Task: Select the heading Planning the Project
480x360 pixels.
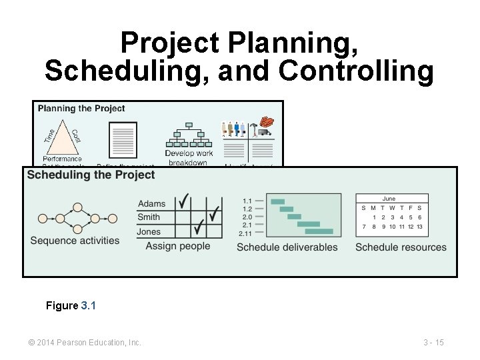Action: click(x=81, y=108)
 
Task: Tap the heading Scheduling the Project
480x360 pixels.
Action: click(x=91, y=175)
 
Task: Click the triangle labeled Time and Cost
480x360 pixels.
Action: click(x=62, y=136)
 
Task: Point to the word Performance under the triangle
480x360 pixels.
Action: click(x=62, y=159)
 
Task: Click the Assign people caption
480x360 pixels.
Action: click(x=178, y=246)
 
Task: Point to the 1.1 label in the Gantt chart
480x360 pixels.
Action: click(x=247, y=201)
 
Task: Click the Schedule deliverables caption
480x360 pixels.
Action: click(x=287, y=247)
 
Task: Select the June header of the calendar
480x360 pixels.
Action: click(x=389, y=199)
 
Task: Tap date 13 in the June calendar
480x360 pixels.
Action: click(x=419, y=227)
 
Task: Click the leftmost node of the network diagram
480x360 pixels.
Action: click(x=43, y=218)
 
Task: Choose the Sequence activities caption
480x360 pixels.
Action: click(x=75, y=241)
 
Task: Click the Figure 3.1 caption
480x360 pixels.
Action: click(x=71, y=305)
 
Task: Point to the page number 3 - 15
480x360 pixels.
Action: click(x=433, y=343)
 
